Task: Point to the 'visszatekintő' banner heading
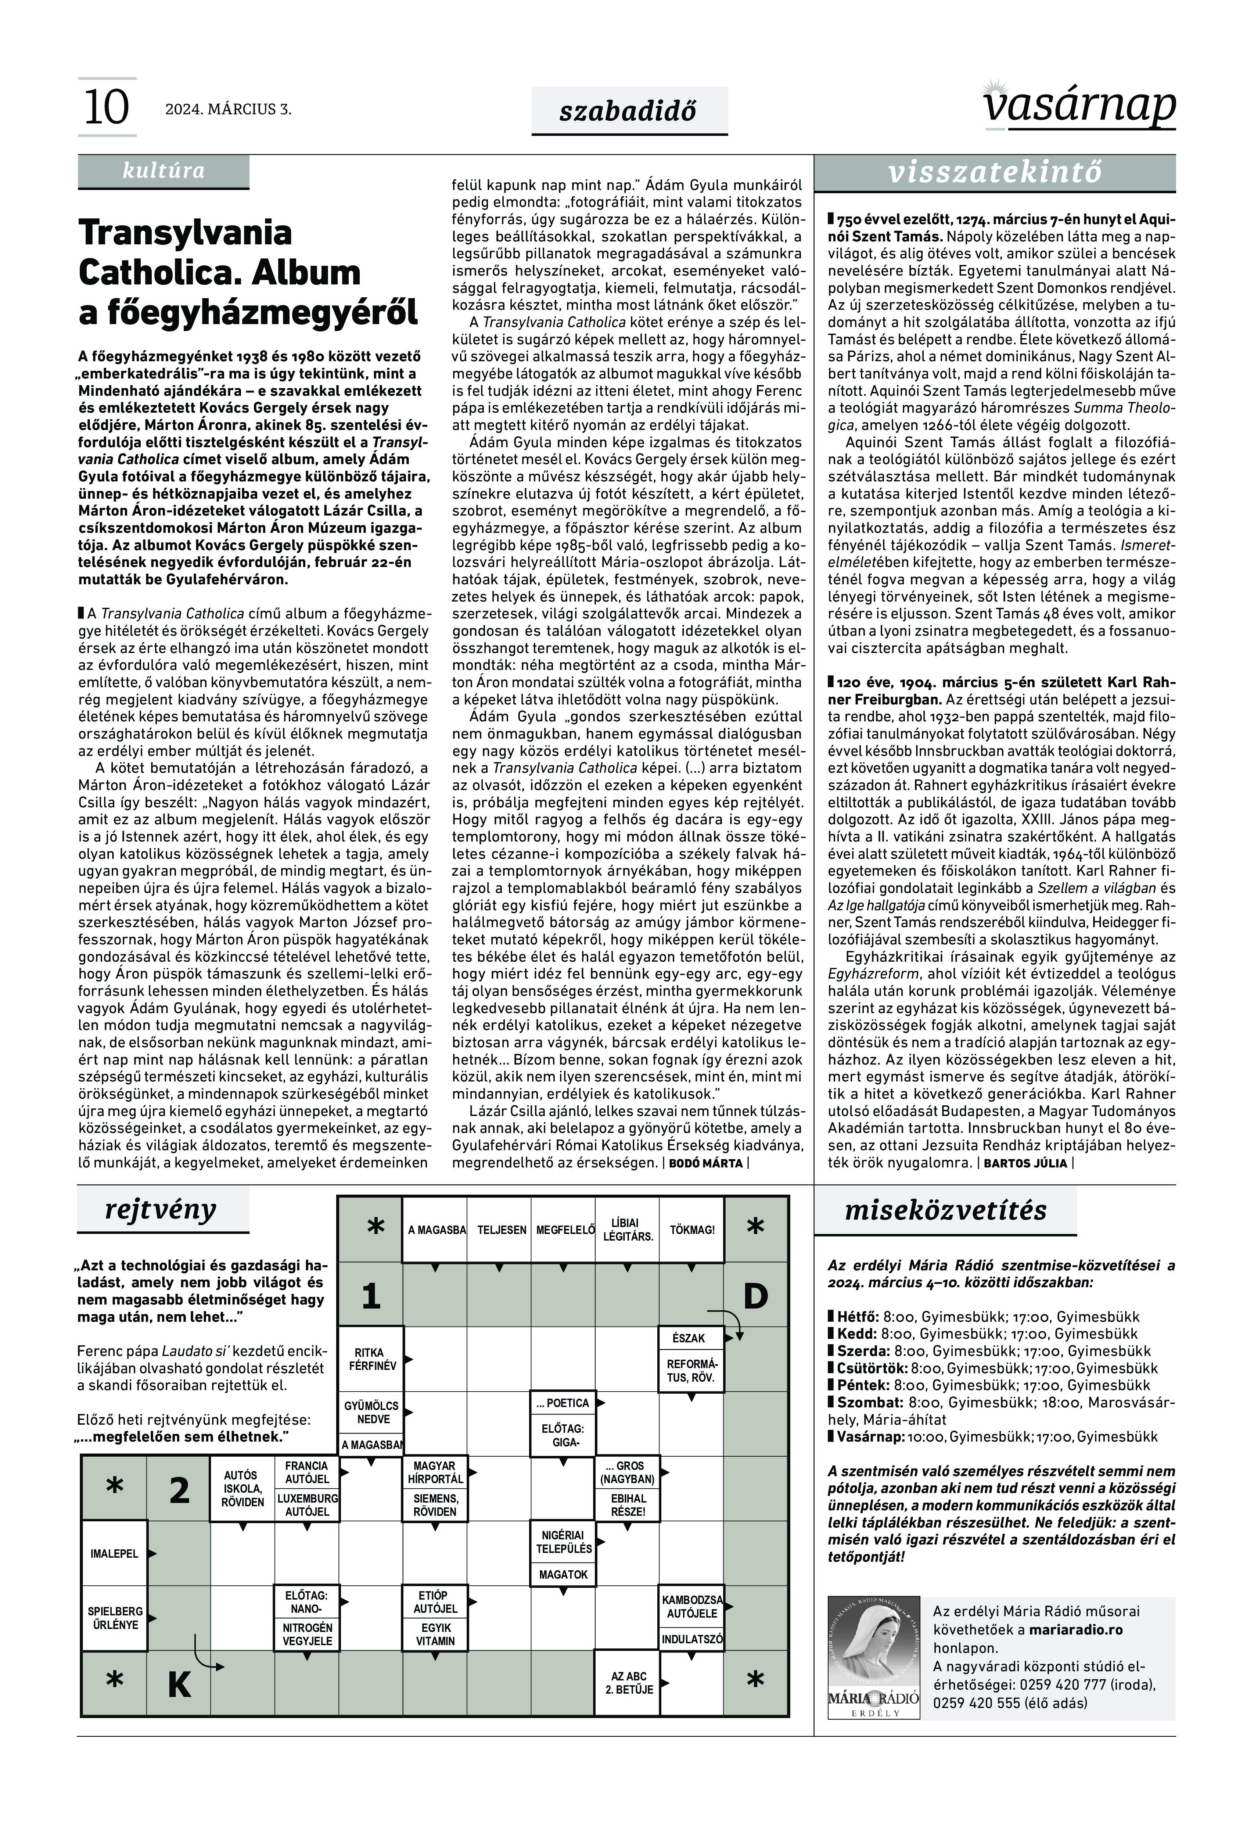click(995, 173)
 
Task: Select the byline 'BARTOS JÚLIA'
click(1025, 1163)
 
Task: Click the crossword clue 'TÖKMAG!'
click(691, 1230)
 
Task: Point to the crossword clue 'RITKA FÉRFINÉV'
click(369, 1359)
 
